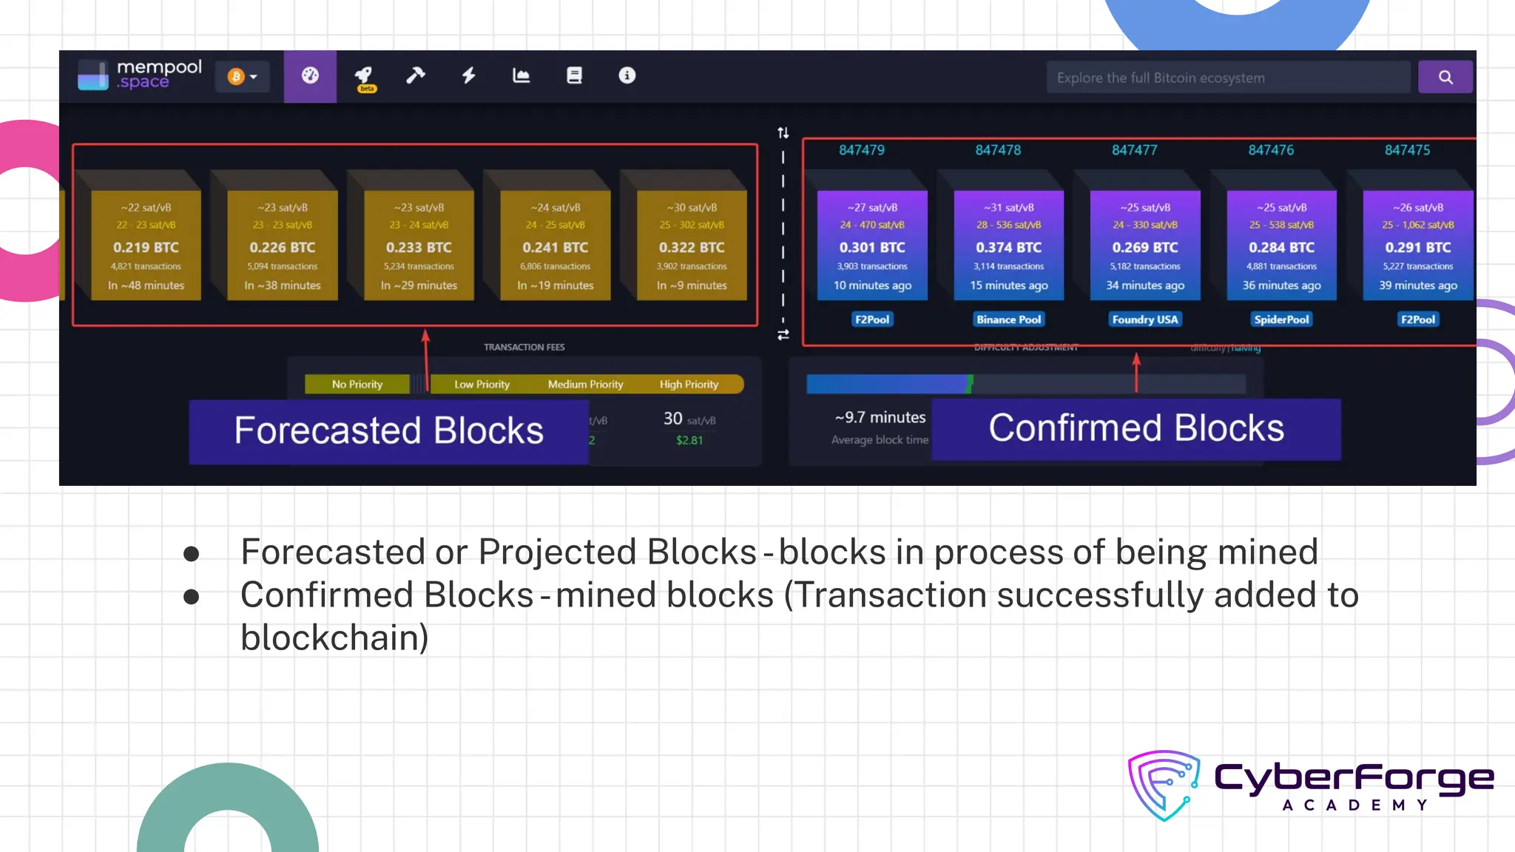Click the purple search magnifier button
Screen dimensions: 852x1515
(1445, 77)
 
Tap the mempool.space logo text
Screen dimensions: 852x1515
(158, 74)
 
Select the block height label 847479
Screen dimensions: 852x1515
(861, 150)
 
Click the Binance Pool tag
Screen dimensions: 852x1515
(1008, 319)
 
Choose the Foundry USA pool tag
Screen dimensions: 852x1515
(1144, 319)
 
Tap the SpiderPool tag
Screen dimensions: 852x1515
(1281, 319)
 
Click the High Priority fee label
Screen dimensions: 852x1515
(689, 385)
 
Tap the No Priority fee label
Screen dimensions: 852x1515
(357, 385)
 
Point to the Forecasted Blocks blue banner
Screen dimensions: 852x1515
(388, 431)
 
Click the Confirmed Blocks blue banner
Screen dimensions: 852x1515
(1136, 429)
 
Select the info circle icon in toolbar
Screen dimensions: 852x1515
(627, 75)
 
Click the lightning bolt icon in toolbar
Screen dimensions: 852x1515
(468, 75)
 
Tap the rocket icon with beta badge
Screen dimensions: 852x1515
(364, 76)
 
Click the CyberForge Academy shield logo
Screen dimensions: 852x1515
(1164, 785)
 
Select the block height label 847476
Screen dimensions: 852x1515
(1270, 150)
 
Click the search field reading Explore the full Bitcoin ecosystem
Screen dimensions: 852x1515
(1228, 78)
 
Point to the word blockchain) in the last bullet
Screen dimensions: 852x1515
(334, 638)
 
